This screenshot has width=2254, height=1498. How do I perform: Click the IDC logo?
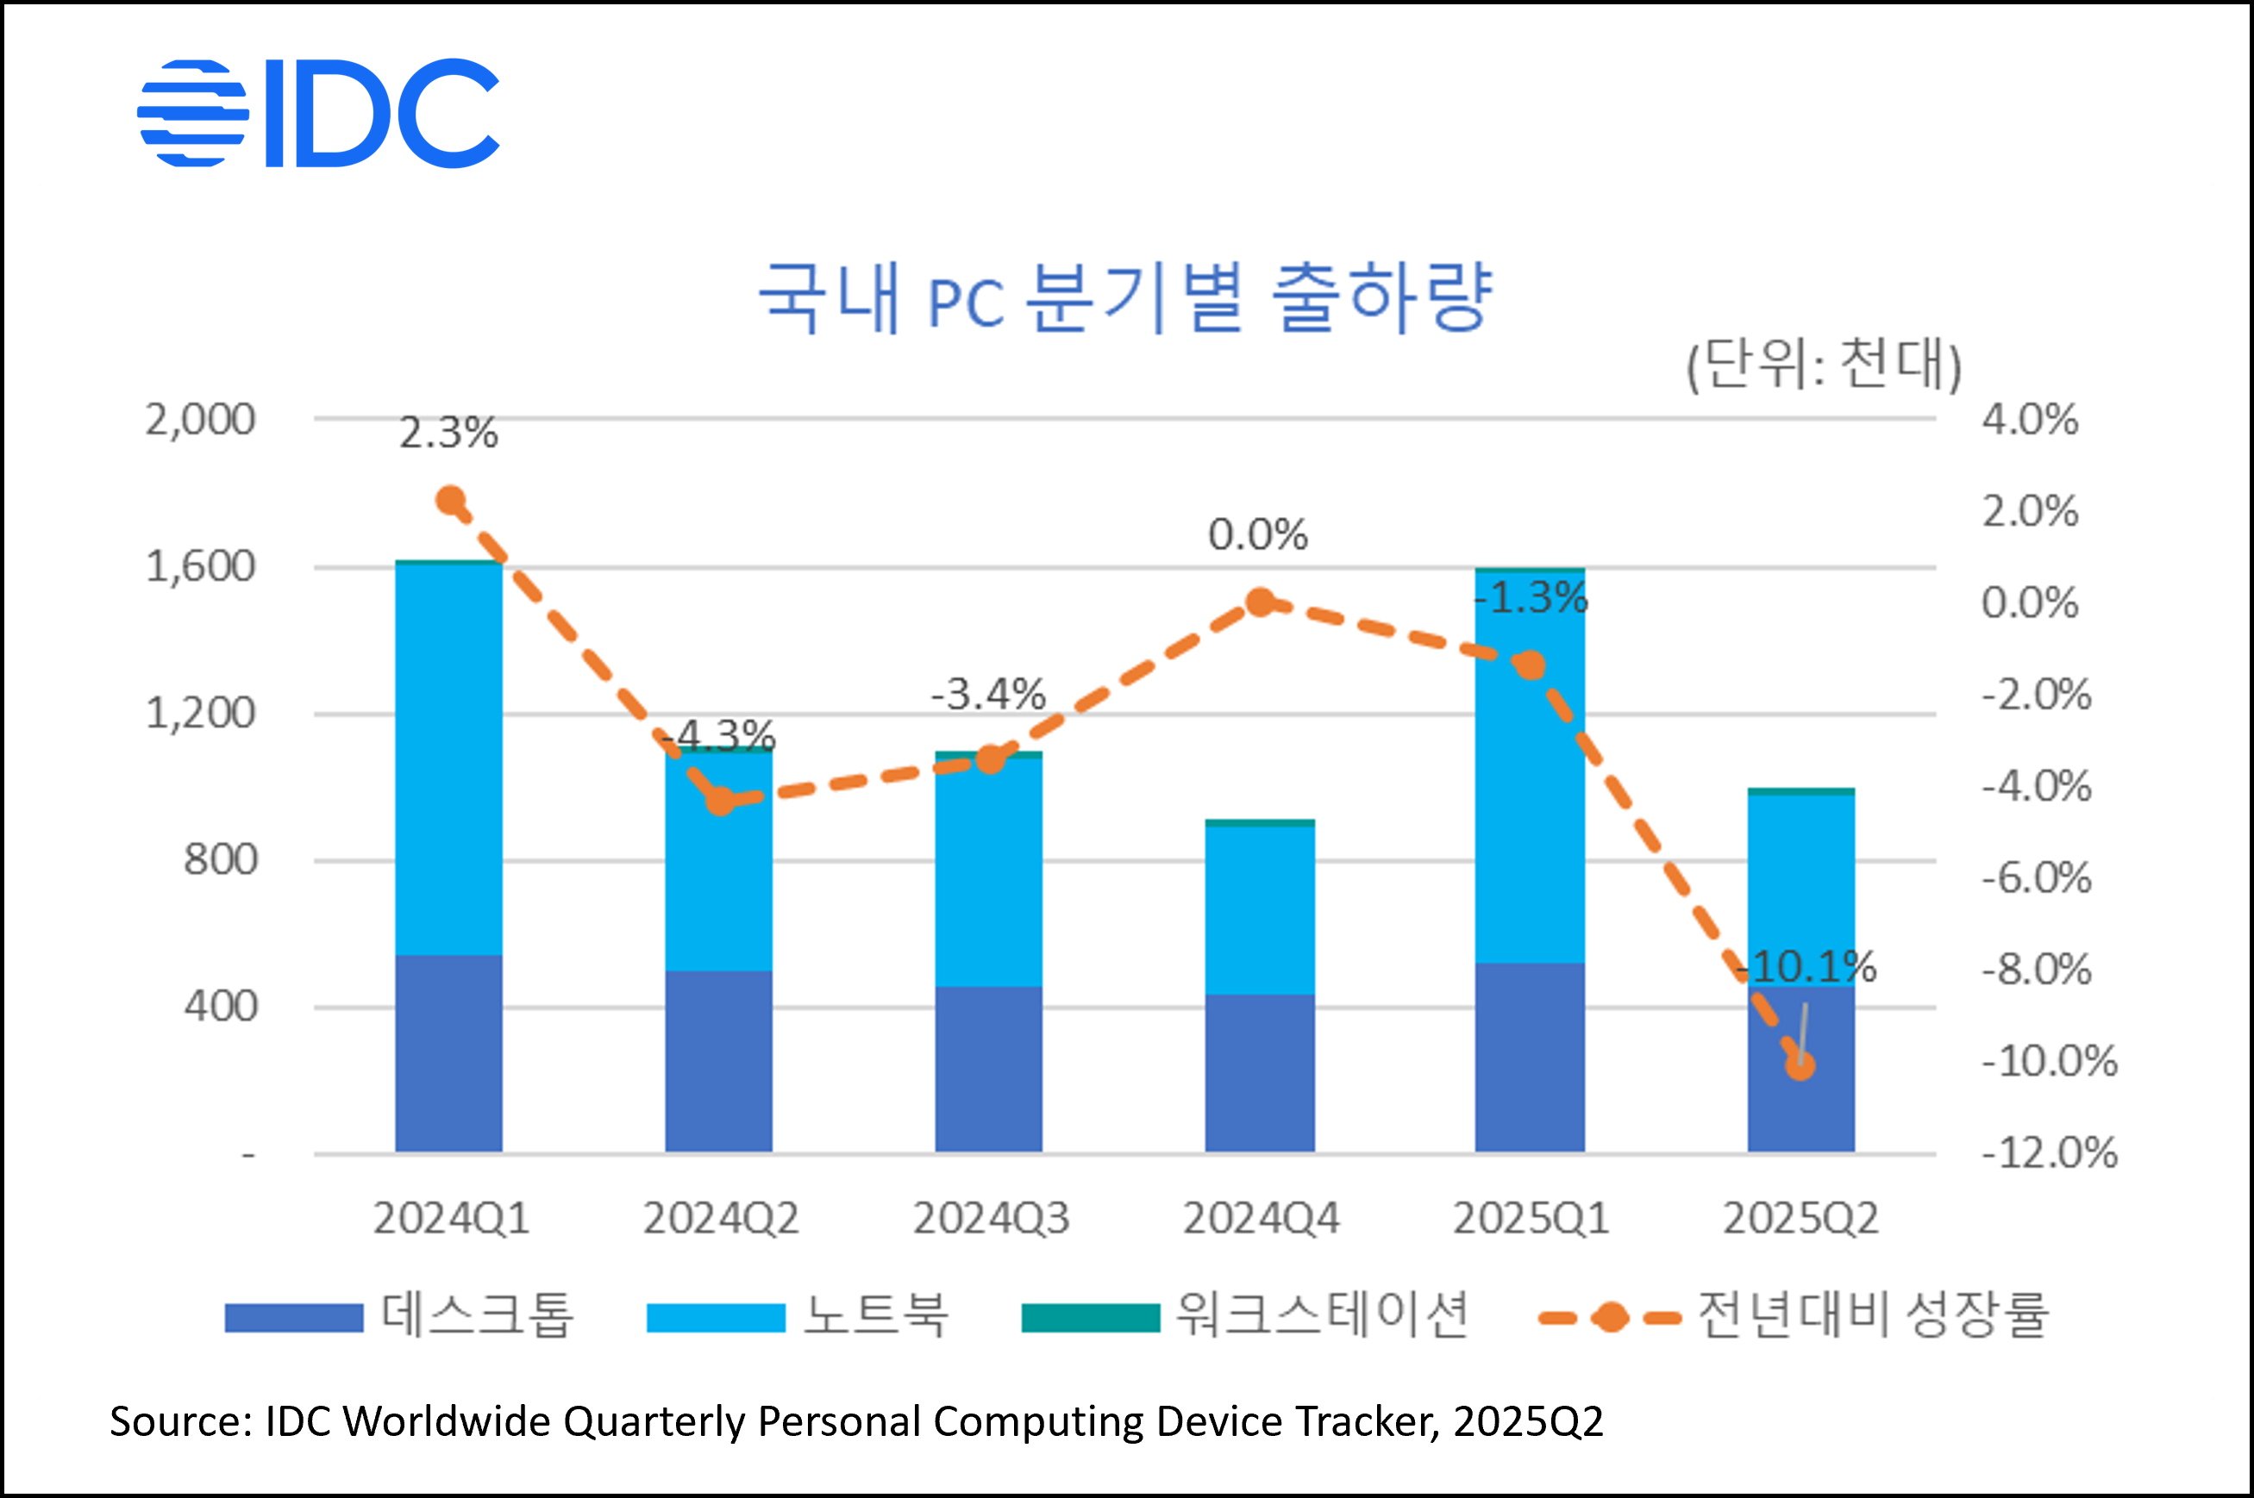tap(318, 113)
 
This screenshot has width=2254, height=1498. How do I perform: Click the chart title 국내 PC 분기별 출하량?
tap(1124, 297)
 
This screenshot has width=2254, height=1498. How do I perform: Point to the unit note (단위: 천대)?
tap(1823, 364)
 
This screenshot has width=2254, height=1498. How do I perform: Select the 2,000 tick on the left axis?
tap(200, 420)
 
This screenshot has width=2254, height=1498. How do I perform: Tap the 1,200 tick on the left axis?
tap(200, 713)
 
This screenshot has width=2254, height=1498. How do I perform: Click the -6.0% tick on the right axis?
tap(2036, 877)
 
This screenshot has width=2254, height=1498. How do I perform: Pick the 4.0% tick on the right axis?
tap(2030, 420)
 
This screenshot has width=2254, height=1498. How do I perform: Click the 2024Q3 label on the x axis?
tap(991, 1218)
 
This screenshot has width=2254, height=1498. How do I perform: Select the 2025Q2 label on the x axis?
tap(1800, 1218)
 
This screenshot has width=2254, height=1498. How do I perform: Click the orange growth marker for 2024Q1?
tap(450, 500)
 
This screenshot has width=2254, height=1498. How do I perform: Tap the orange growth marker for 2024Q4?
tap(1261, 602)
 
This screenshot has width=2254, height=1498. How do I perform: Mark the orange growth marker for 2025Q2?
tap(1800, 1065)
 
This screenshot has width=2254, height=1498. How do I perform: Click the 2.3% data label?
tap(448, 433)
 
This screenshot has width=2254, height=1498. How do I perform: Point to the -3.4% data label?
tap(988, 695)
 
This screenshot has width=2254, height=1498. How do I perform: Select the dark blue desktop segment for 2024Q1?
tap(449, 1052)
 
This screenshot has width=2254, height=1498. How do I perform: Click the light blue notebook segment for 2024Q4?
tap(1259, 909)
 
